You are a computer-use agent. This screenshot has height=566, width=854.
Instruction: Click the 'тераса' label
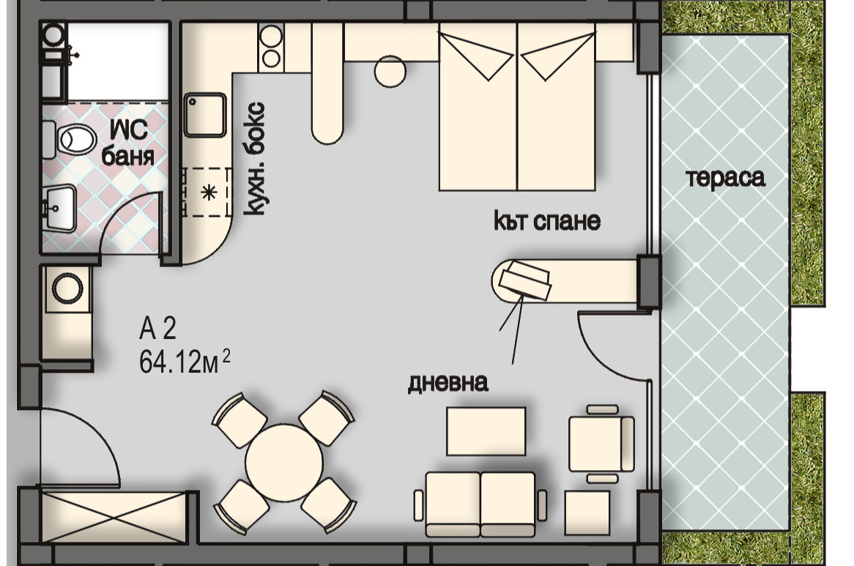tap(726, 178)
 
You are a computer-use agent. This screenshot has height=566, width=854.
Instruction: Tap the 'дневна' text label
tap(448, 383)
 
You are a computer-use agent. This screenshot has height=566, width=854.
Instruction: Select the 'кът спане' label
tap(547, 220)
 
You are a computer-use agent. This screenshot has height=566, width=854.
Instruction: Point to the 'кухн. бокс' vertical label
tap(254, 158)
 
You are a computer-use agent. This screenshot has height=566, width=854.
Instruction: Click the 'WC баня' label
tap(128, 143)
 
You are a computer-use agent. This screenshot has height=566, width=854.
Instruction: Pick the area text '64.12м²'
tap(185, 362)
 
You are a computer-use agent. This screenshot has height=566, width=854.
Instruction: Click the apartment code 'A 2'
tap(157, 329)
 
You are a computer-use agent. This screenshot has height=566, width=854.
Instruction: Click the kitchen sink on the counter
tap(205, 115)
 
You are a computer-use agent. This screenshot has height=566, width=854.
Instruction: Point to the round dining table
tap(283, 461)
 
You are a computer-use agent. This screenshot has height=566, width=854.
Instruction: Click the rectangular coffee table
tap(486, 431)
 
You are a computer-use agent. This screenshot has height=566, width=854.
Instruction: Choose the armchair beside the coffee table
tap(601, 444)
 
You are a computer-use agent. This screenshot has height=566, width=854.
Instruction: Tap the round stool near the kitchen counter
tap(390, 71)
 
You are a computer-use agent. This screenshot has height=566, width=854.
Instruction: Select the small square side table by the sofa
tap(587, 512)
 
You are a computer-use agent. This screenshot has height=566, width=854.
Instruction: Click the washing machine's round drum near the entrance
tap(67, 288)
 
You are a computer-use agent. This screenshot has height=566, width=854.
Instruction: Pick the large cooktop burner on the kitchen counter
tap(271, 37)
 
